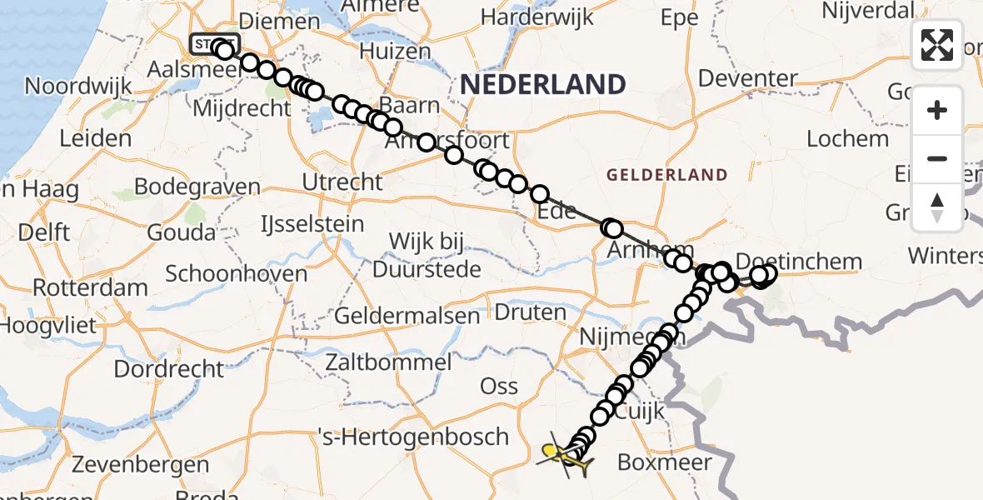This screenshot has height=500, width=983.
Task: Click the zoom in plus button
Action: coord(937,111)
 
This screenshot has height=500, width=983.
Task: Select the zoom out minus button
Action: coord(937,158)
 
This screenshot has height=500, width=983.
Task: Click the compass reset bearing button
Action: coord(937,207)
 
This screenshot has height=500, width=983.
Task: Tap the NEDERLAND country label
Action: coord(542,84)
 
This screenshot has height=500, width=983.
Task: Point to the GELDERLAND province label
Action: coord(666,175)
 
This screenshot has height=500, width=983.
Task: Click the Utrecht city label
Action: coord(343,182)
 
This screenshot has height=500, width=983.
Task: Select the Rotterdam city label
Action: coord(91,288)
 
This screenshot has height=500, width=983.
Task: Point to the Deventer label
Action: coord(748,79)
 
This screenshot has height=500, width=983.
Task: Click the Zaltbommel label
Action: coord(388,362)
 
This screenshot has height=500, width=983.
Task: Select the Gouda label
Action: coord(182,232)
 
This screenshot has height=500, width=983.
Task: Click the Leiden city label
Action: coord(95,137)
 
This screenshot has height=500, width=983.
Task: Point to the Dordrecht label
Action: coord(169,368)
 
